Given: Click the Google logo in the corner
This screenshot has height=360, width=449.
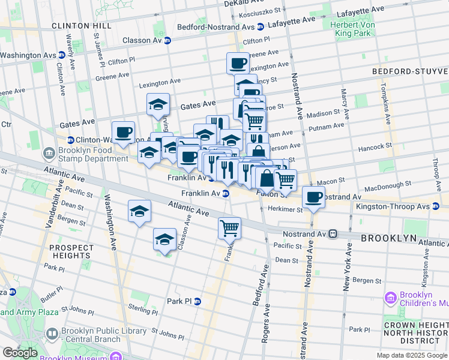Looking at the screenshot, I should point(20,353).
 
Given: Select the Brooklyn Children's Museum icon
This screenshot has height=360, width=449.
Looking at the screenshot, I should point(391,298).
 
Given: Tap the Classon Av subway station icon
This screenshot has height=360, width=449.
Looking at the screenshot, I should point(167,40).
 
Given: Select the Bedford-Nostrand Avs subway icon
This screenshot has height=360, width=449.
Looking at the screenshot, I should point(261,27).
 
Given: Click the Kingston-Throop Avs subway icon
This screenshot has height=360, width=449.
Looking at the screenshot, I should point(436,206).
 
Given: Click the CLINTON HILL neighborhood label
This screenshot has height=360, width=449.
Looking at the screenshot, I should point(81,26).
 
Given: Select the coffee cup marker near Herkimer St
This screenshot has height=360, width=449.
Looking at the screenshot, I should point(313,197).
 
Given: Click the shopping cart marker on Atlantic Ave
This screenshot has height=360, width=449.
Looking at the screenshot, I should point(229,228).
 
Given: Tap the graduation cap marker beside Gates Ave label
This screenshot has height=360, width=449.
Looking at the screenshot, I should point(158,104).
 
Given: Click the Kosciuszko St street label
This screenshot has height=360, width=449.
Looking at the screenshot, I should point(261,11).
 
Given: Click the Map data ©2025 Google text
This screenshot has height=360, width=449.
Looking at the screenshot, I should point(412,355).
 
